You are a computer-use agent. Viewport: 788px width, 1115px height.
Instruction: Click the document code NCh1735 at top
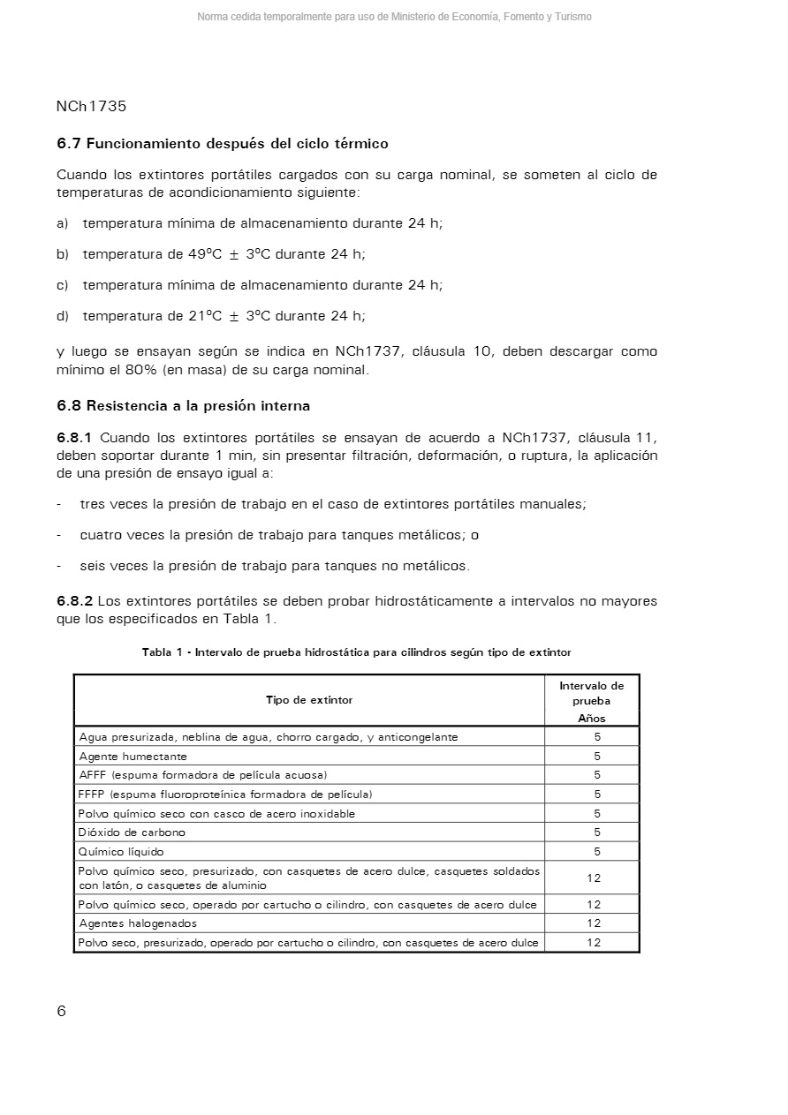point(91,107)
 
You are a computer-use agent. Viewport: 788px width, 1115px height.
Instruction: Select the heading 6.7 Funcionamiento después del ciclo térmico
point(223,143)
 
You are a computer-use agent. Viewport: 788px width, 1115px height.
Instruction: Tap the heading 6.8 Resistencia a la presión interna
point(183,406)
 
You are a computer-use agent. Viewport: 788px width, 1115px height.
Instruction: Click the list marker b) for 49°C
point(62,254)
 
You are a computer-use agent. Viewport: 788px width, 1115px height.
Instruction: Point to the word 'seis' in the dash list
point(95,566)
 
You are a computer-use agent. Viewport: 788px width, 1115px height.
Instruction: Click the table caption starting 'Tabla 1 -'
point(357,652)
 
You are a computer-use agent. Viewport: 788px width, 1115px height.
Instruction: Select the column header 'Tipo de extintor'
point(309,700)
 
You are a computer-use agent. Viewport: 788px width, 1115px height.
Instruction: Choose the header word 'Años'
point(592,719)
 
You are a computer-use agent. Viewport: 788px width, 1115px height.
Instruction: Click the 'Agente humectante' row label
point(133,757)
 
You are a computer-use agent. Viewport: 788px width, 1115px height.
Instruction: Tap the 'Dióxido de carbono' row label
point(133,832)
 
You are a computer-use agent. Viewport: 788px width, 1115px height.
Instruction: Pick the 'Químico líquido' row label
point(121,852)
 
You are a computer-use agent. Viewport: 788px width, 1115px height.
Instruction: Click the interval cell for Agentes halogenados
point(594,923)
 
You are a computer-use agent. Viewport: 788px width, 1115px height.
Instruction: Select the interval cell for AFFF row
point(597,775)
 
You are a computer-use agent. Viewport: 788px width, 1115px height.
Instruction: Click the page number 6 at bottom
point(61,1012)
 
